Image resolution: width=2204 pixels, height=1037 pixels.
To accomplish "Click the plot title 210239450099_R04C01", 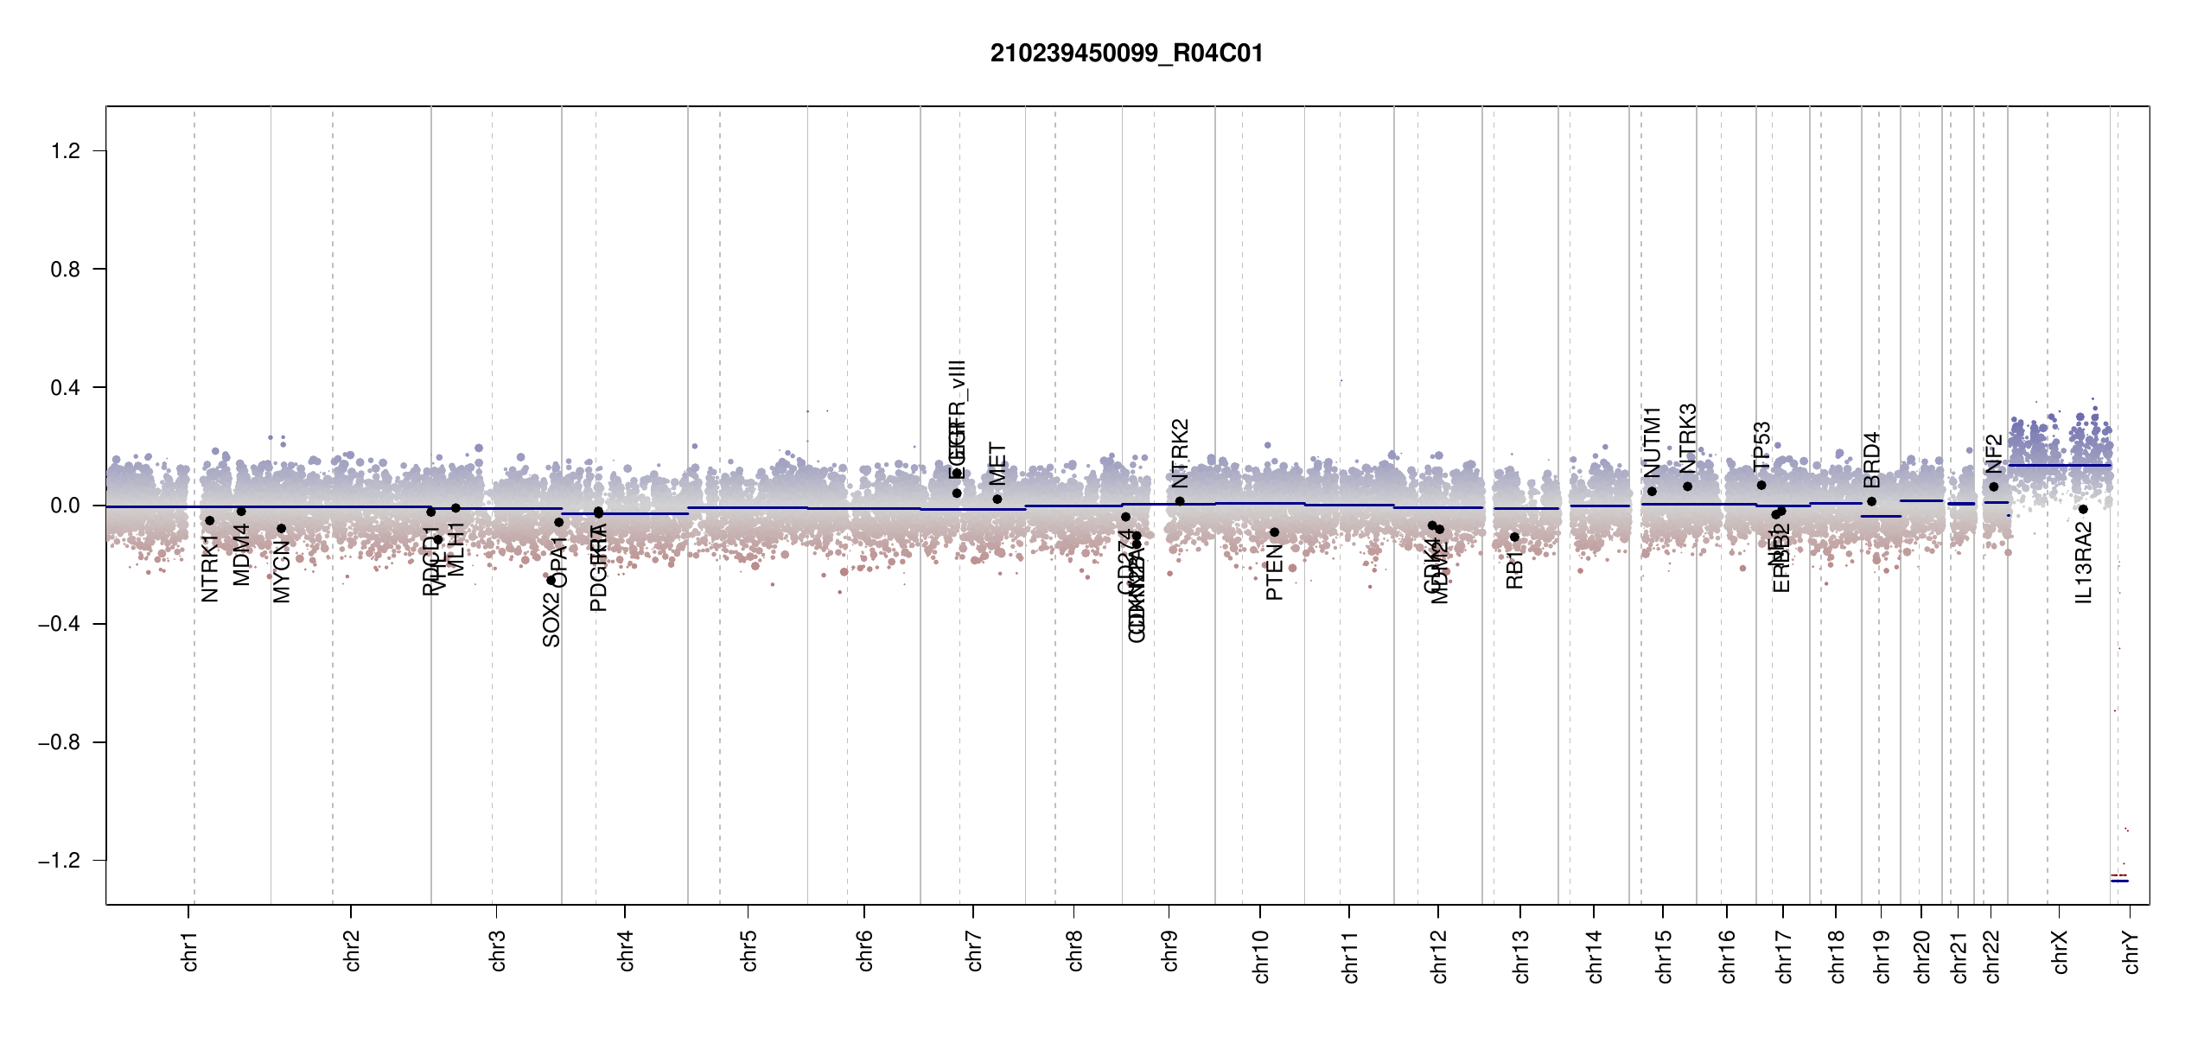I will (x=1126, y=54).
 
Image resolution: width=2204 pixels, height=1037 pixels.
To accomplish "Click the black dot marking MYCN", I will (x=281, y=529).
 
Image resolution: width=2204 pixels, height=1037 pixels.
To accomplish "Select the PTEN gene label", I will (x=1274, y=572).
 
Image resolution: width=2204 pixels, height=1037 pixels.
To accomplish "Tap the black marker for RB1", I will (x=1514, y=538).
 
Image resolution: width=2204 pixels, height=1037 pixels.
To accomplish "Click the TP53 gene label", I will (x=1761, y=446).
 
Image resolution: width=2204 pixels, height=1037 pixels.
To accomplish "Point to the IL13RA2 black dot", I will (x=2083, y=510).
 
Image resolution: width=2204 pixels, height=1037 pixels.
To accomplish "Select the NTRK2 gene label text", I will (x=1180, y=454).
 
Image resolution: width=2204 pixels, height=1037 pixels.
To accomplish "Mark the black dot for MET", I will (x=997, y=499).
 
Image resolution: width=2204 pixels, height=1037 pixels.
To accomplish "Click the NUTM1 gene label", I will (x=1652, y=442).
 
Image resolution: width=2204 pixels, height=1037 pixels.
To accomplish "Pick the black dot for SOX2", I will (x=551, y=581).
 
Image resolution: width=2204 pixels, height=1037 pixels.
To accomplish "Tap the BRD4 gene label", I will (x=1871, y=460).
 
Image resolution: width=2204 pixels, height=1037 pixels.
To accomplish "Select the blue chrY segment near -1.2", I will (x=2119, y=881).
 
